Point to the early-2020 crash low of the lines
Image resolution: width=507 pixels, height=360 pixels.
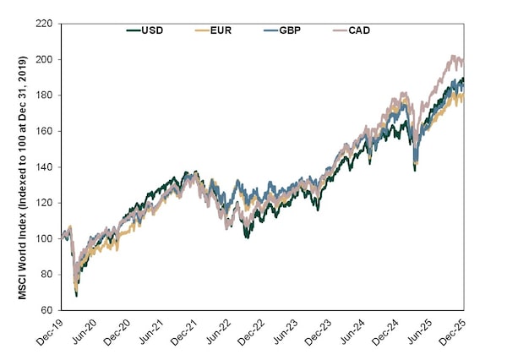pos(77,294)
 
